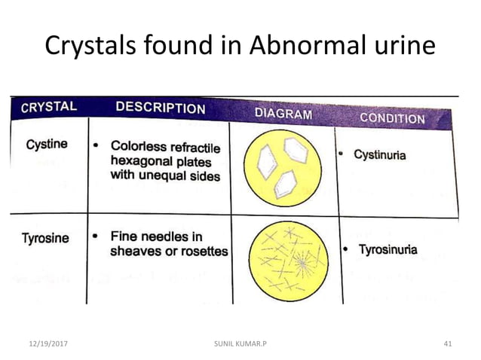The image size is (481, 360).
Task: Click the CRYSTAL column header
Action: pyautogui.click(x=49, y=107)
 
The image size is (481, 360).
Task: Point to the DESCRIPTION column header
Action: pyautogui.click(x=160, y=108)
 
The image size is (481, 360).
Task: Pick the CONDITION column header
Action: pyautogui.click(x=391, y=117)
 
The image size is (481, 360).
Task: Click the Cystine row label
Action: pyautogui.click(x=46, y=144)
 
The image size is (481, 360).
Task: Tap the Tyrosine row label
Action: pyautogui.click(x=44, y=238)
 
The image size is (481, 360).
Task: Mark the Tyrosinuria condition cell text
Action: pyautogui.click(x=387, y=249)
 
